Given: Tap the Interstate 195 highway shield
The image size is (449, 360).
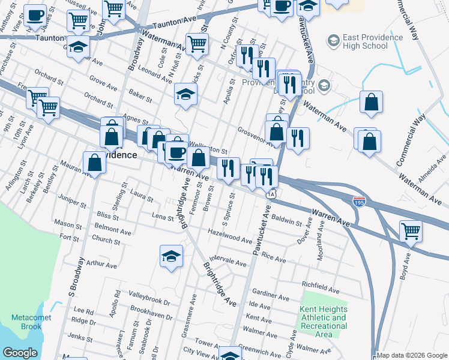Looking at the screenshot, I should [x=359, y=202].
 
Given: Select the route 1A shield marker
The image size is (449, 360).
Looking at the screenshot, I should [x=271, y=194].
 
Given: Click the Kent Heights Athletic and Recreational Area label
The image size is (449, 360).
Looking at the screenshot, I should [x=323, y=322].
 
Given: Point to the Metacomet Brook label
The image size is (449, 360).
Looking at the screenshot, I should [x=26, y=322].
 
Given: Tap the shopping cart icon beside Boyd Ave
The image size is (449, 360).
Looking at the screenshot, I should [x=411, y=230].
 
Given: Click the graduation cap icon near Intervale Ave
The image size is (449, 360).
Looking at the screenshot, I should [x=171, y=256].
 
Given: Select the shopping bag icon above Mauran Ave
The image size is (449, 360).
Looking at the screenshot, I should [x=95, y=161].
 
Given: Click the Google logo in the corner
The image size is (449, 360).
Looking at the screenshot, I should [x=20, y=353].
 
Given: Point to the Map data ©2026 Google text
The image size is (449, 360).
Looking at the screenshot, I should [x=412, y=355].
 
